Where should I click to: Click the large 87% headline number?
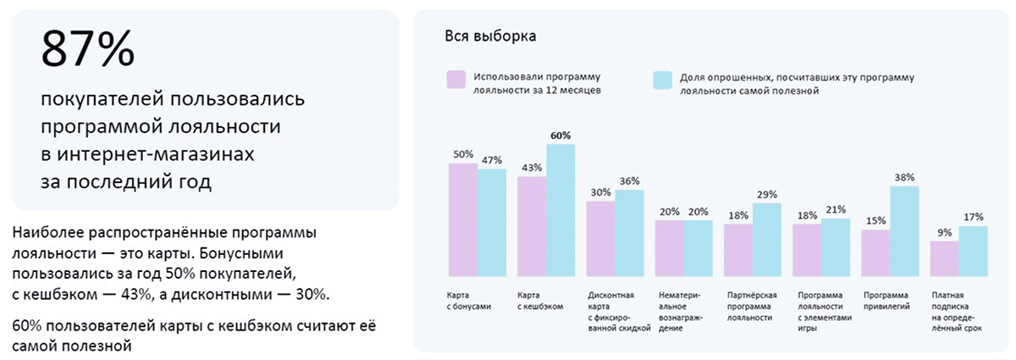86,51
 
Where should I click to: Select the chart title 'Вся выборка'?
489,36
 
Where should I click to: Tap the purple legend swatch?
456,80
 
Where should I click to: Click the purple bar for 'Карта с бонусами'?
462,220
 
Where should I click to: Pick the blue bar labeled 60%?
560,211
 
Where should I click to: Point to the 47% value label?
491,160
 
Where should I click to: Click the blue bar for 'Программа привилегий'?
904,231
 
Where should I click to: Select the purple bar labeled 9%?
944,259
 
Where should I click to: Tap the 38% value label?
904,178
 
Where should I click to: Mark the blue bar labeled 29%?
767,240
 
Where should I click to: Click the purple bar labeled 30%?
600,239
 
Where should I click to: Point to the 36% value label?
629,181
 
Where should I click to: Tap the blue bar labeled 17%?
973,252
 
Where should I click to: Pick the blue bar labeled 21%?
836,247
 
